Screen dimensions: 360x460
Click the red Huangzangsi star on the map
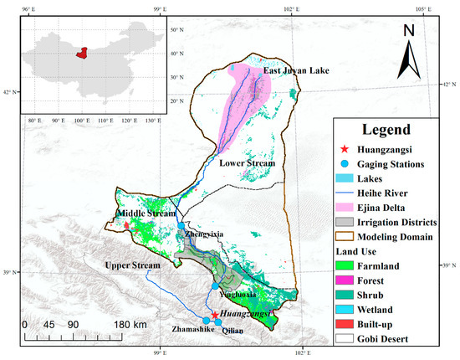click(215, 315)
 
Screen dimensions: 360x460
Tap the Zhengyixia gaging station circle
click(181, 225)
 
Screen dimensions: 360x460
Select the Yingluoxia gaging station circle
click(215, 286)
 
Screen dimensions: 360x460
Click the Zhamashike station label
click(194, 331)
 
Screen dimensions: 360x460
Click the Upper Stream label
click(131, 265)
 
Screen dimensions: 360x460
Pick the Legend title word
click(381, 131)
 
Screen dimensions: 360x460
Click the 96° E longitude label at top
click(27, 8)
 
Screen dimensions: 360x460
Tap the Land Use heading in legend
click(356, 252)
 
